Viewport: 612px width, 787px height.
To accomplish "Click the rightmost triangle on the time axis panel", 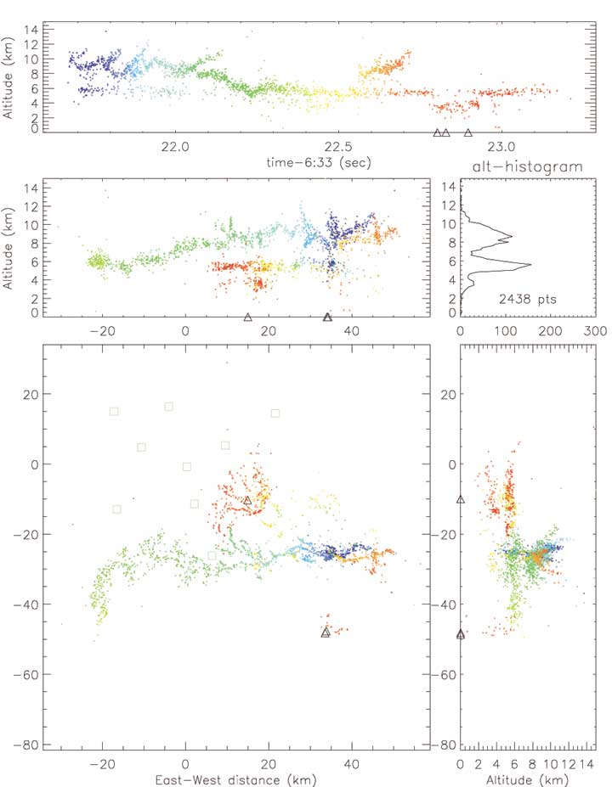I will point(468,133).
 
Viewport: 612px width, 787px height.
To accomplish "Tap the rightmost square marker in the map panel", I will point(275,413).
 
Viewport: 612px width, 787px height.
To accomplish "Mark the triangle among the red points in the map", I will point(247,501).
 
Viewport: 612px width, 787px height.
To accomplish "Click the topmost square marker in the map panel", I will point(169,407).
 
